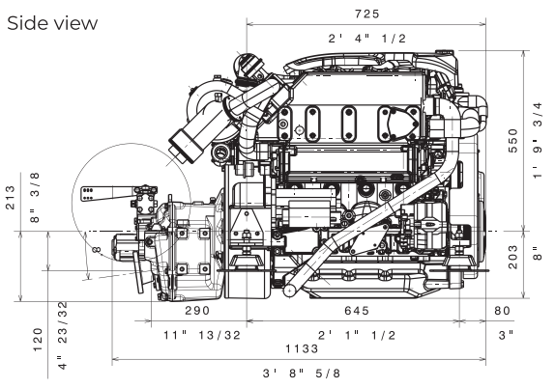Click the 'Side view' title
coord(52,23)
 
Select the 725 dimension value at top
coord(367,14)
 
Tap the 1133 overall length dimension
coord(303,348)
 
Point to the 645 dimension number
coord(357,311)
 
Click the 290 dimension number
coord(197,311)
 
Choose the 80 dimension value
coord(502,311)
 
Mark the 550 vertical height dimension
coord(512,141)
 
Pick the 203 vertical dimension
coord(512,257)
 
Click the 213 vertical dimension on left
coord(11,197)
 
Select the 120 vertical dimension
coord(38,340)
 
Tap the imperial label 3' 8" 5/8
coord(302,374)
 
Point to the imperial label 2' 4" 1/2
coord(367,39)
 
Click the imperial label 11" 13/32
coord(202,335)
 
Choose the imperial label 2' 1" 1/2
coord(357,335)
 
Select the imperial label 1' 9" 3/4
coord(538,140)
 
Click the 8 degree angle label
coord(97,250)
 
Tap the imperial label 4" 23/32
coord(62,335)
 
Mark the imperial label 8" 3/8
coord(35,197)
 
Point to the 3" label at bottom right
coord(506,335)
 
